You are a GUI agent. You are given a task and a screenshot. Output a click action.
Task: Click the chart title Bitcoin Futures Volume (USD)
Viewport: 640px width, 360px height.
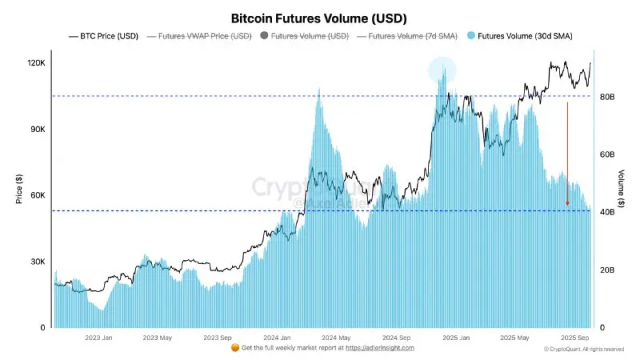319,17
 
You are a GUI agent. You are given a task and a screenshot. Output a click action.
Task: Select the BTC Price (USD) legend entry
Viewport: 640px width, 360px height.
107,36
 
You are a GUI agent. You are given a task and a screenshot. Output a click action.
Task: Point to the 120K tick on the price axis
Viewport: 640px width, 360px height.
36,62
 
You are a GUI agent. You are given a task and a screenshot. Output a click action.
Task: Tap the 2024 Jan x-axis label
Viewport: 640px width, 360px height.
276,338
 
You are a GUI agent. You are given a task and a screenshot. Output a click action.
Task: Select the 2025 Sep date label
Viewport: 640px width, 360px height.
575,338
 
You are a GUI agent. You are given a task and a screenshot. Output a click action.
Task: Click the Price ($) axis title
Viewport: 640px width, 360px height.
18,189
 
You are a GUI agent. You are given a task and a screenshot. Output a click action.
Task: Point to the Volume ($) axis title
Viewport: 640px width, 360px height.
622,189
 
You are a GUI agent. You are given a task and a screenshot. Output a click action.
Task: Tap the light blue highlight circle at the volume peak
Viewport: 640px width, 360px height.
442,71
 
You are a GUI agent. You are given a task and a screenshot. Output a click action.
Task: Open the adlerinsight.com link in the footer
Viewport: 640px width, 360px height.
379,348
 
